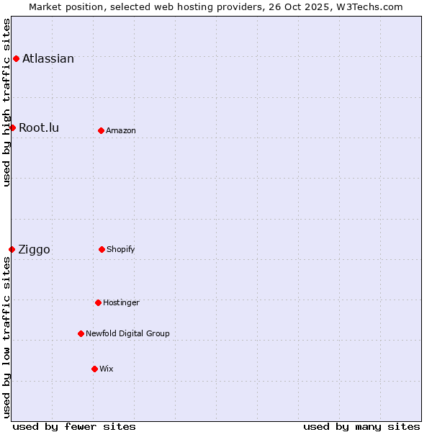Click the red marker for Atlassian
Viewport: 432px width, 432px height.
pos(16,58)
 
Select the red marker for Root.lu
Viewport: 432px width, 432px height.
pos(12,127)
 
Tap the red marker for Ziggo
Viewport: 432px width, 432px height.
pos(12,249)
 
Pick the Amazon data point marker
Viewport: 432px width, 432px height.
pos(101,130)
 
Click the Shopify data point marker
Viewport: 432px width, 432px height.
pos(102,249)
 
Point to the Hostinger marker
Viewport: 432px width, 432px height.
pos(98,302)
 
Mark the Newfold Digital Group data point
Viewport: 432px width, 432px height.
pos(81,333)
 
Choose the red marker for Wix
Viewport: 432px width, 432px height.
pos(94,369)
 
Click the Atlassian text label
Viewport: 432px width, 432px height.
pos(48,59)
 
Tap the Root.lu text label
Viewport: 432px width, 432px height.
pos(39,128)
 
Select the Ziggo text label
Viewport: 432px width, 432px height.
pos(34,250)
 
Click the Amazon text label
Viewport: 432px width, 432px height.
pos(121,130)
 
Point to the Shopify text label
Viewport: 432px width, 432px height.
pos(121,249)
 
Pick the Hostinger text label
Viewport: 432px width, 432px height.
pos(121,302)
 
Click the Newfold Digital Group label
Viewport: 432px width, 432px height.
pos(127,333)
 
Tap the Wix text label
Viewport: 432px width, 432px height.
pos(107,369)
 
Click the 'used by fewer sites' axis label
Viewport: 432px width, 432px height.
pos(74,426)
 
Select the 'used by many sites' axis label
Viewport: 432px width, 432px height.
pos(361,426)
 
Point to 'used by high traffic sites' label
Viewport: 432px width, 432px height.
pos(6,102)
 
